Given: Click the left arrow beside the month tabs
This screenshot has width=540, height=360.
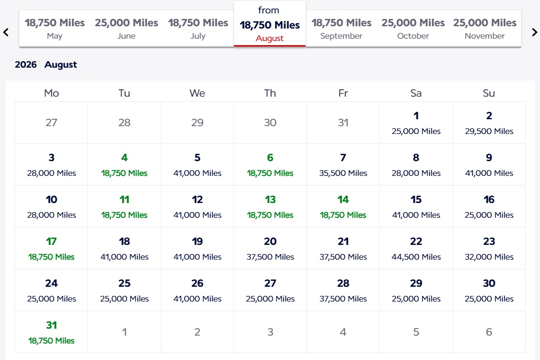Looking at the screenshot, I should tap(6, 32).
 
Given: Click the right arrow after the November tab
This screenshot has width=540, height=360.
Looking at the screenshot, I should tap(534, 32).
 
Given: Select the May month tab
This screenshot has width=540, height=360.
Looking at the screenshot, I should tap(55, 29).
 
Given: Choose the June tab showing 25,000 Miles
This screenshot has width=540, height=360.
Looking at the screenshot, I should tap(126, 29).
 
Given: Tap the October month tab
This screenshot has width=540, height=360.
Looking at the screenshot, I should tap(413, 29).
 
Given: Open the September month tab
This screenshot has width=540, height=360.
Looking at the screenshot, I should tap(341, 29).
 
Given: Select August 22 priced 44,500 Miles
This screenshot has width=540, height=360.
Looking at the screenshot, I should tap(416, 248).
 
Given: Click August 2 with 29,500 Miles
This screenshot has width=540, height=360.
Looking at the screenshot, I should tap(489, 122).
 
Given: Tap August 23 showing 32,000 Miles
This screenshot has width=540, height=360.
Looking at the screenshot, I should tap(489, 248).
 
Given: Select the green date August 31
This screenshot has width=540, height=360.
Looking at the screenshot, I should tap(52, 332).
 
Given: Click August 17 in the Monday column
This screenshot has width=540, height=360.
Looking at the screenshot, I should tap(52, 248).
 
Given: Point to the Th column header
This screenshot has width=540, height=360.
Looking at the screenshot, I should tap(270, 93).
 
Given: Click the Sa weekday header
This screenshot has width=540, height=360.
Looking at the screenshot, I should tap(416, 93).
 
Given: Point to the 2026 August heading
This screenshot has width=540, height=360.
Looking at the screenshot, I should tap(46, 65).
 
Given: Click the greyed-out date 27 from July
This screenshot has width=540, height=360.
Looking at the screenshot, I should tap(52, 122).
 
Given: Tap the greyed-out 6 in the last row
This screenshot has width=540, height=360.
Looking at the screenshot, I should tap(489, 332).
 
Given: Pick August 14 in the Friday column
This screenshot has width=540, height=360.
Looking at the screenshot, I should tap(343, 206).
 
